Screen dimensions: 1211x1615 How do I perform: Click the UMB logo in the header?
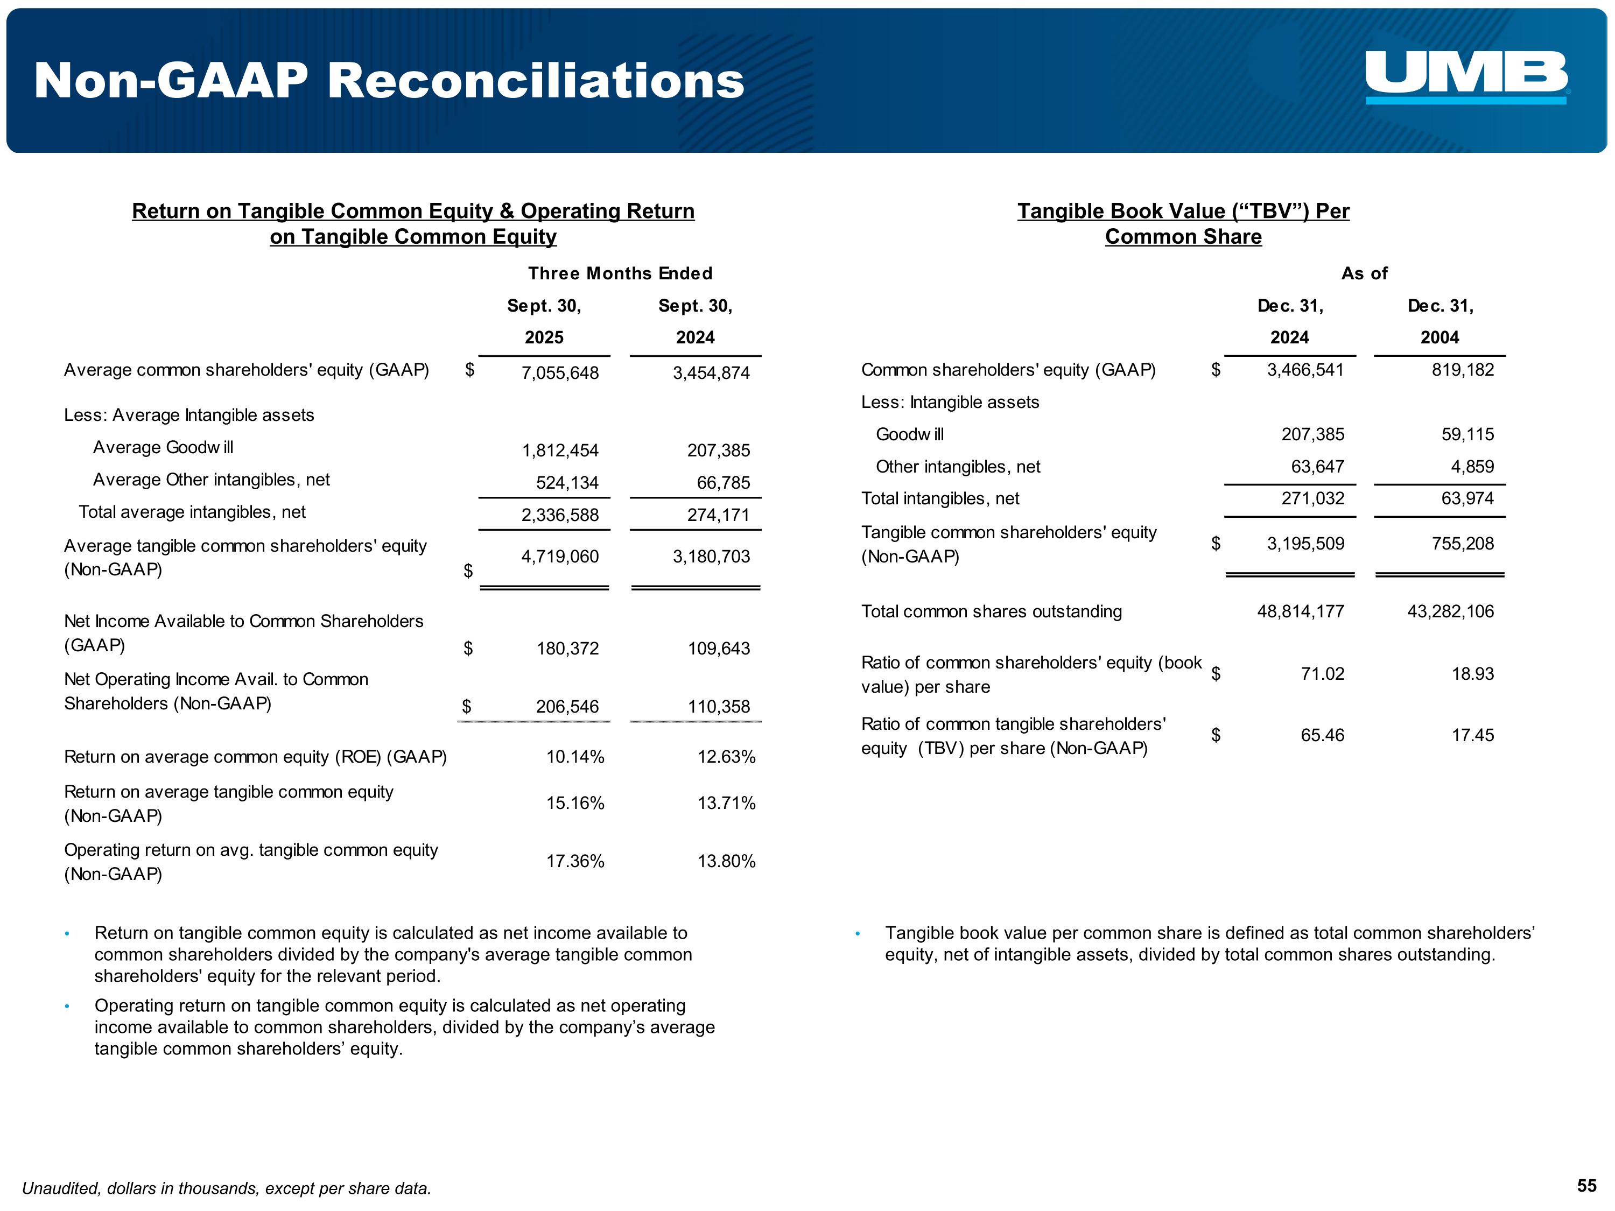coord(1466,76)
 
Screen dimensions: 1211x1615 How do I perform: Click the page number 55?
coord(1586,1186)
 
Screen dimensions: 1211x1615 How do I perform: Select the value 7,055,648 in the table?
coord(559,373)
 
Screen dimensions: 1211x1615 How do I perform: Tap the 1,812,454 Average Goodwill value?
coord(559,450)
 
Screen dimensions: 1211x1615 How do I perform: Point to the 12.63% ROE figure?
coord(726,757)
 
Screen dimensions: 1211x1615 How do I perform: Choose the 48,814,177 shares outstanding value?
coord(1300,612)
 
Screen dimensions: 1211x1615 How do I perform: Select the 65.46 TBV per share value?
coord(1322,735)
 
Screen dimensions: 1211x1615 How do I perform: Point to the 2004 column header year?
coord(1439,337)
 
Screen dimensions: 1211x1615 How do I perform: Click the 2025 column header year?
coord(544,337)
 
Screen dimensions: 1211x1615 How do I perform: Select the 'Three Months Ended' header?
coord(620,274)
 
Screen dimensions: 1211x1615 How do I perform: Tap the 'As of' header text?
coord(1364,274)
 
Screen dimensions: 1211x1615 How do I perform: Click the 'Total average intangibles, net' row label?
coord(192,512)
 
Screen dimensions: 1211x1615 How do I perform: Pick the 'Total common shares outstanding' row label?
coord(991,612)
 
